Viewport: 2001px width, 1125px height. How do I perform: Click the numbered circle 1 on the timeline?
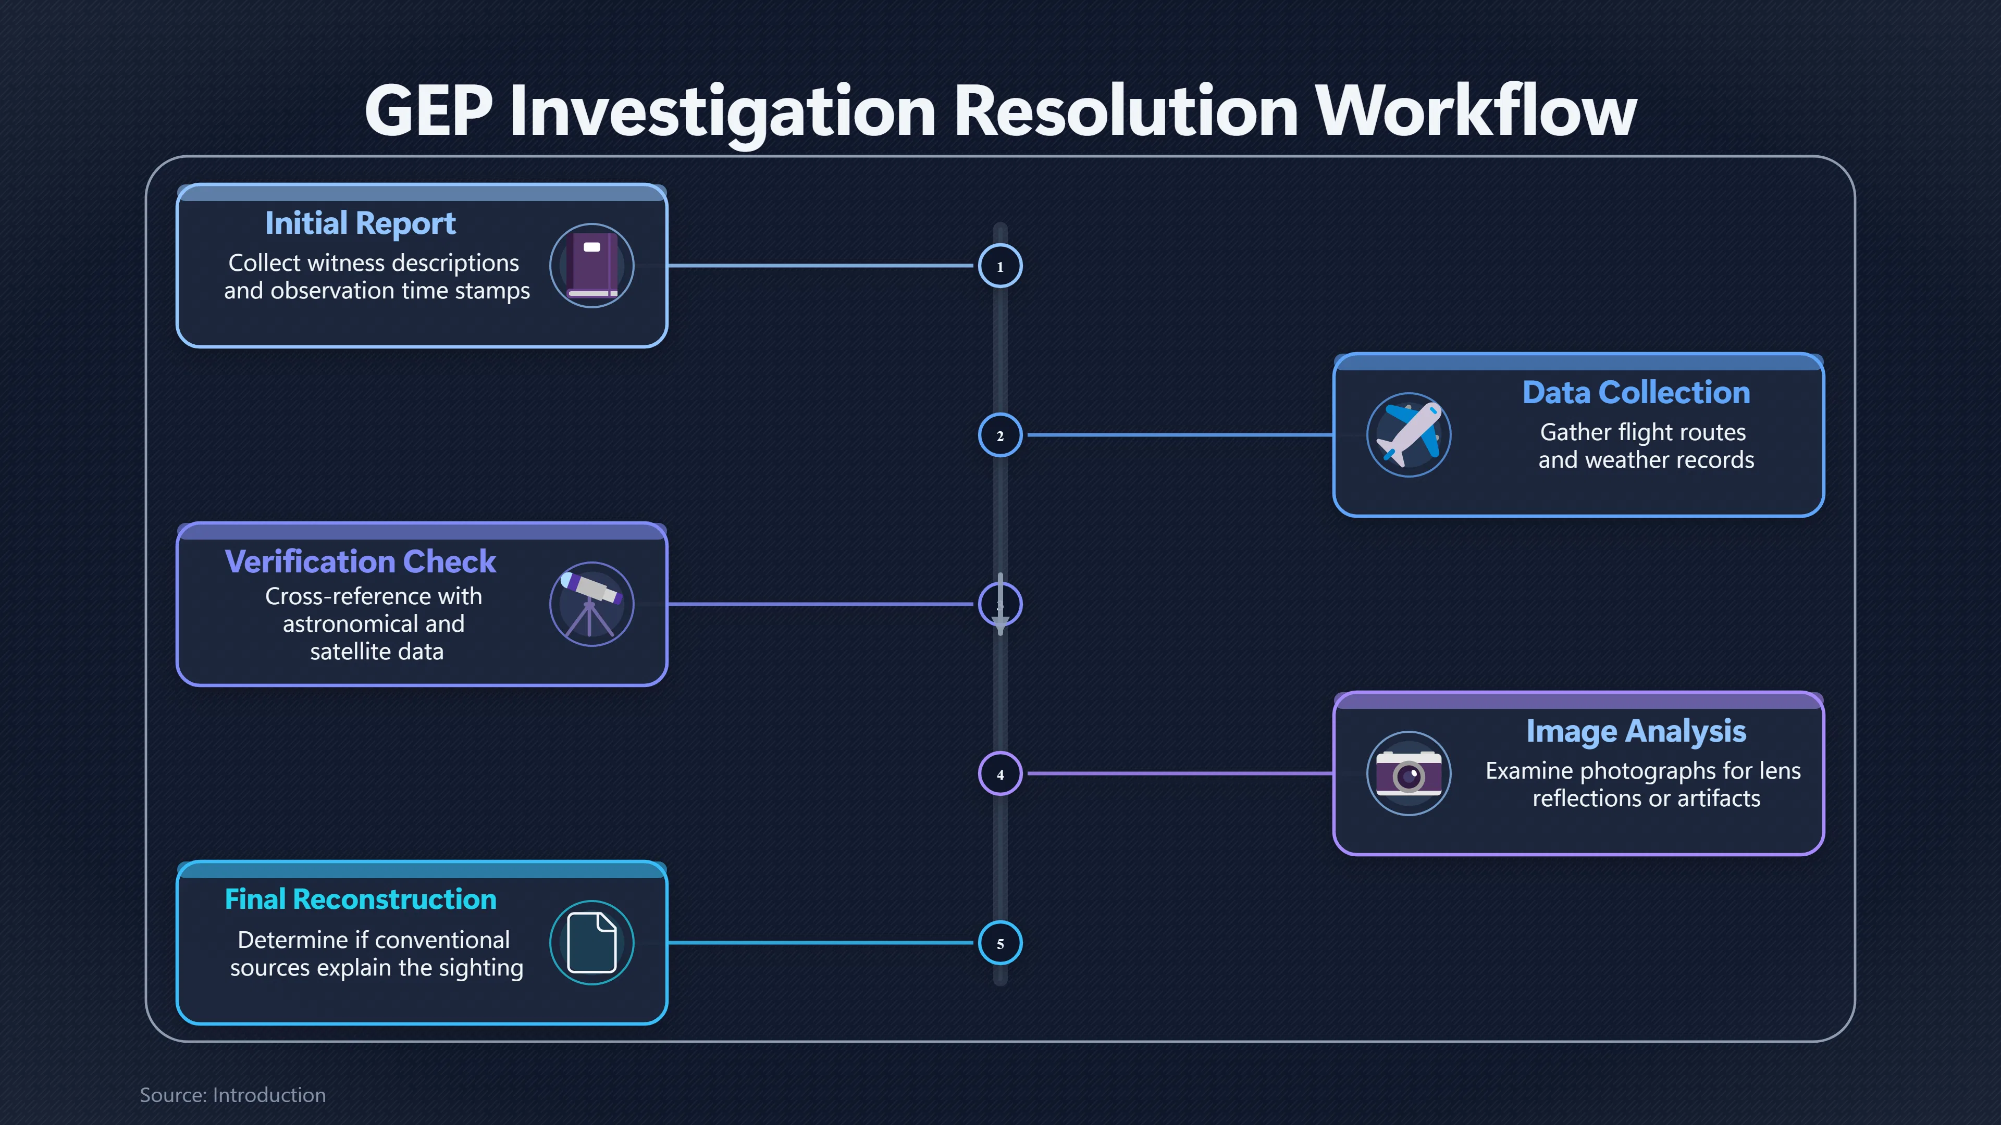(x=1000, y=266)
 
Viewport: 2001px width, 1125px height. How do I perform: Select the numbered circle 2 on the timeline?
(x=1000, y=435)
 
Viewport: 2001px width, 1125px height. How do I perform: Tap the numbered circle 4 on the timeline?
(x=1000, y=773)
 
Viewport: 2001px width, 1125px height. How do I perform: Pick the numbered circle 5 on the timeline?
(x=1000, y=943)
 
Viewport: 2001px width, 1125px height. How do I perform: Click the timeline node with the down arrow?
(x=1000, y=604)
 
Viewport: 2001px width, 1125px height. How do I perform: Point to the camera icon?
(x=1409, y=773)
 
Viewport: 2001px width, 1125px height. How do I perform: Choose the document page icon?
(x=592, y=943)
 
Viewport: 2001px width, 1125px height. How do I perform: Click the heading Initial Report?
(x=361, y=223)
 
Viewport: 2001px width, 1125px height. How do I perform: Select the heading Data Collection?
(x=1636, y=392)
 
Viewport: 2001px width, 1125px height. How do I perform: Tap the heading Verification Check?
(x=361, y=561)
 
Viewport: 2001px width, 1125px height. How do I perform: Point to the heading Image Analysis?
(x=1636, y=731)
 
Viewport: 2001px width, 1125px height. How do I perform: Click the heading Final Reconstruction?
(x=361, y=899)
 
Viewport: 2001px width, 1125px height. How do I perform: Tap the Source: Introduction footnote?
(x=232, y=1095)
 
